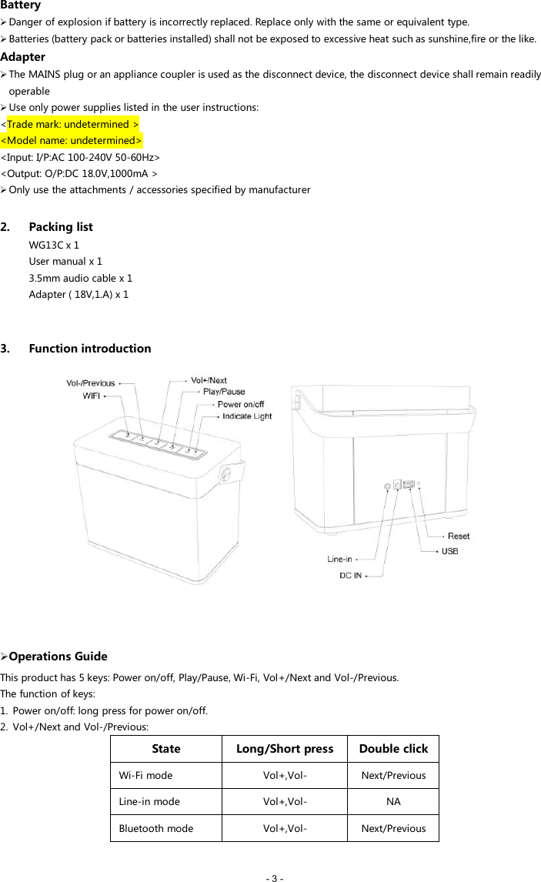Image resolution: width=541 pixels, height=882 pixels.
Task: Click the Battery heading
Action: coord(21,5)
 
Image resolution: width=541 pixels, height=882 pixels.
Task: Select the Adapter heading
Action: coord(23,56)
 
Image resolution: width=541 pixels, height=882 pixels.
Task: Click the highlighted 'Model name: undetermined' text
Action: coord(72,140)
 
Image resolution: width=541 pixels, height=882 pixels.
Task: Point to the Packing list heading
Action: coord(60,226)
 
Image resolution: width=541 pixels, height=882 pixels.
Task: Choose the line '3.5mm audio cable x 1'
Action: coord(80,278)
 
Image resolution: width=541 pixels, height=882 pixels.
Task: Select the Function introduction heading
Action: coord(89,348)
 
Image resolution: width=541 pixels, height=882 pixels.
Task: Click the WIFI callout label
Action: coord(91,396)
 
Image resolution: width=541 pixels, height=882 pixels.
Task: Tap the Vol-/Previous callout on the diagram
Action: coord(90,383)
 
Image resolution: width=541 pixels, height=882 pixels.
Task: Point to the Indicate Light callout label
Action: coord(247,416)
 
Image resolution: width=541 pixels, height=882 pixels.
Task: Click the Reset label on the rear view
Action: coord(459,536)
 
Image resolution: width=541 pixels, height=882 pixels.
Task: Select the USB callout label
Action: coord(450,551)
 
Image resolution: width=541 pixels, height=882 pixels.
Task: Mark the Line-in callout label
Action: coord(339,559)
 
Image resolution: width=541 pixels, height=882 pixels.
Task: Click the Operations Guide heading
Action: coord(58,656)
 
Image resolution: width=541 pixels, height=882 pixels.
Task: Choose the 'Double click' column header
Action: coord(393,749)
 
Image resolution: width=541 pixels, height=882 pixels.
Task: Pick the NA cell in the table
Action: coord(393,801)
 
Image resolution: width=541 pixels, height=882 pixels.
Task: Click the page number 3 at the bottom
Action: coord(275,877)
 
